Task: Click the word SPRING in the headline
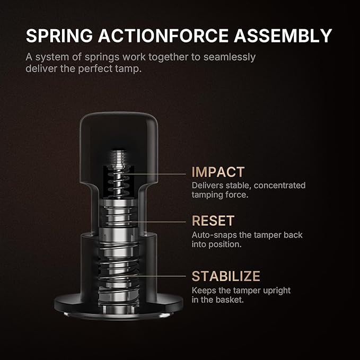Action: tap(59, 36)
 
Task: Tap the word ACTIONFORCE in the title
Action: tap(163, 36)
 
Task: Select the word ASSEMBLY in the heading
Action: tap(283, 36)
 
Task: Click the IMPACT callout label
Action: tap(218, 172)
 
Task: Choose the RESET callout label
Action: tap(213, 221)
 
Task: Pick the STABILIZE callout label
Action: tap(226, 276)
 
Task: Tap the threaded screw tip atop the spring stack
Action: tap(118, 157)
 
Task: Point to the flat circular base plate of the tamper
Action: tap(119, 307)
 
